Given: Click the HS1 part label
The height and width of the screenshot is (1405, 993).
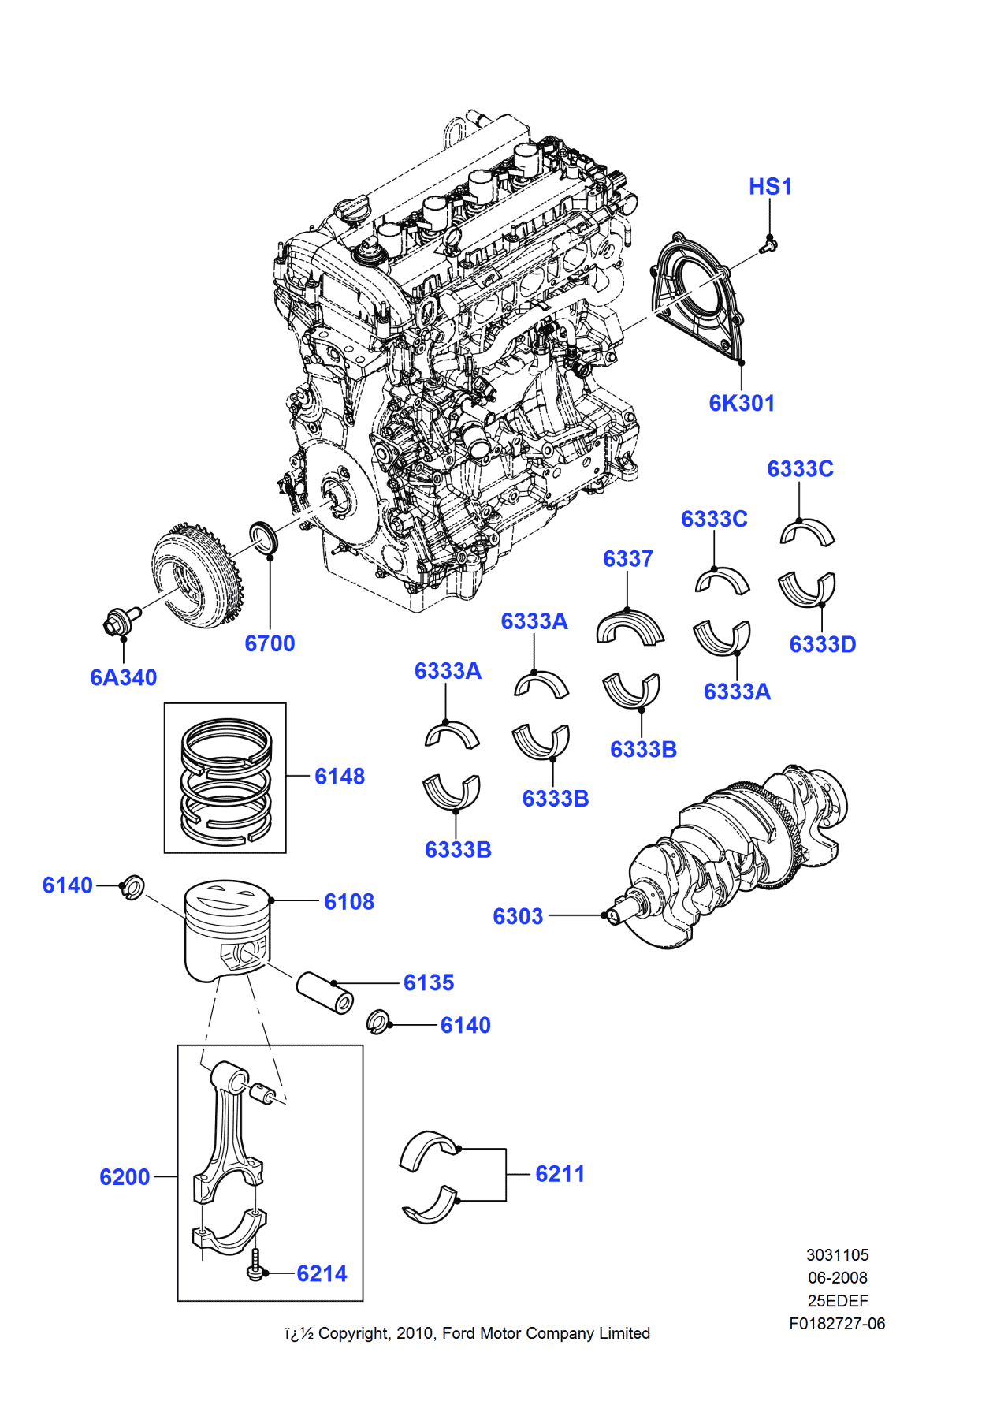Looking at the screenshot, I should coord(770,187).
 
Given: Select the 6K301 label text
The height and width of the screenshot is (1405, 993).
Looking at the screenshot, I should coord(742,403).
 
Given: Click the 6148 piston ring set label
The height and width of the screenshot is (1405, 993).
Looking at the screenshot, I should coord(340,777).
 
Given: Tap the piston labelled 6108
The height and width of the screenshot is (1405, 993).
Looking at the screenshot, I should coord(227,930).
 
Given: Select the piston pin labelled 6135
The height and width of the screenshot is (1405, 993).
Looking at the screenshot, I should coord(325,993).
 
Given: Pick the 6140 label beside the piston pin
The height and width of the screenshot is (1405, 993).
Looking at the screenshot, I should coord(465,1025).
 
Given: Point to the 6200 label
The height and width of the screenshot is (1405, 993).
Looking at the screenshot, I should coord(125,1177).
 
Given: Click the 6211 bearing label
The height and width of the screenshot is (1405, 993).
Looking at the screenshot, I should coord(560,1174).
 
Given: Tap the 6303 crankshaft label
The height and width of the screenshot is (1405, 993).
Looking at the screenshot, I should coord(518,916).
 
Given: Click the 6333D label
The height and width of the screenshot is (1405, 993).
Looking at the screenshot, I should coord(822,644).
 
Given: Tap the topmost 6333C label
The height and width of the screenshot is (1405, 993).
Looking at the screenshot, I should coord(800,469).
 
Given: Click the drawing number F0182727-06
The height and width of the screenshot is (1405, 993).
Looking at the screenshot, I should coord(837,1324).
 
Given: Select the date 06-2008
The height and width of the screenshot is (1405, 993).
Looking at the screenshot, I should coord(837,1277).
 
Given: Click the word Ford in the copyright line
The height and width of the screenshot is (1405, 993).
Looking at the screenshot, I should coord(459,1333).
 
